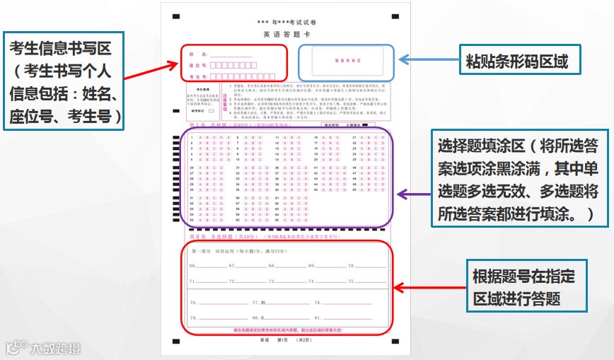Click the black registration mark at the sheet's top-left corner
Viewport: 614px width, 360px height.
click(176, 15)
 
